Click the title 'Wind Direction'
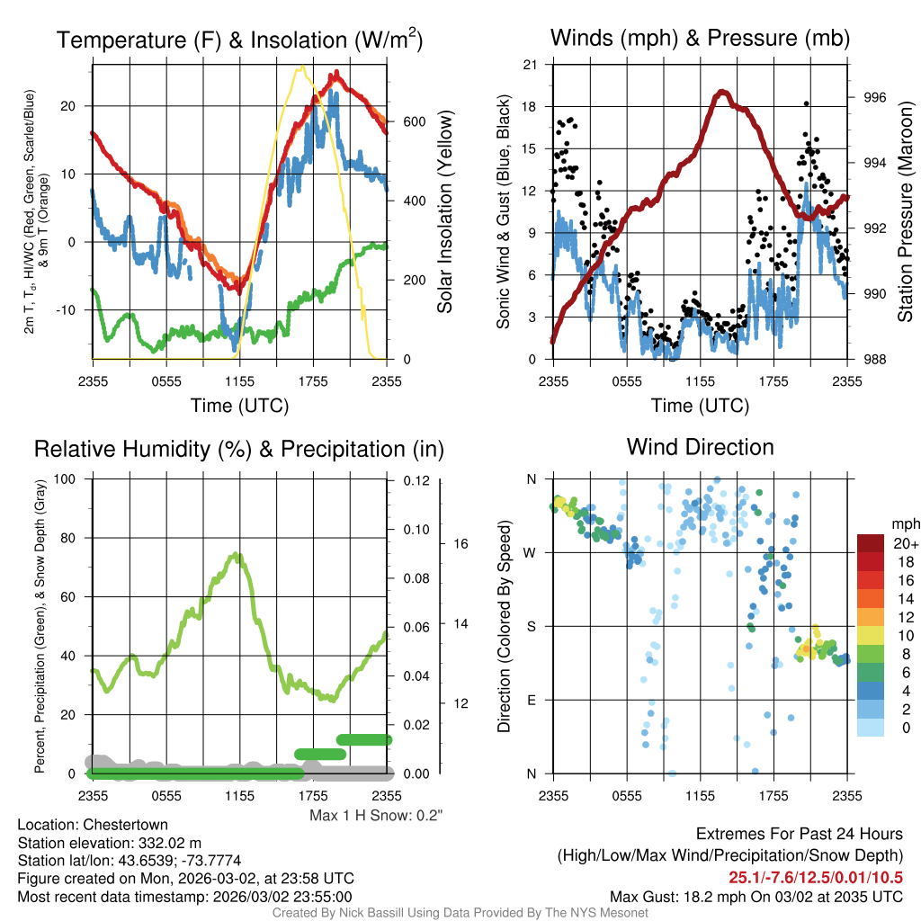point(700,447)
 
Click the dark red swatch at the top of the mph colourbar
point(870,543)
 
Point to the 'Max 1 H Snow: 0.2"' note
point(376,816)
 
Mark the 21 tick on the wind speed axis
point(530,65)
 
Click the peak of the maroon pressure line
point(721,92)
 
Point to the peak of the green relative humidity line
point(237,554)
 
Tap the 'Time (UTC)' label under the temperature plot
point(239,406)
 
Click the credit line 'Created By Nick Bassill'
point(460,913)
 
